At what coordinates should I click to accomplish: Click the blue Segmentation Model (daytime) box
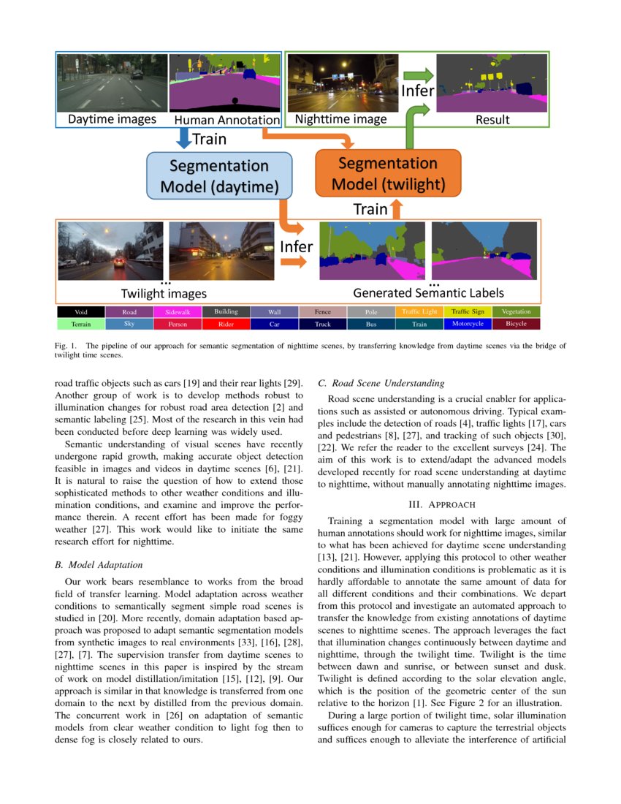[219, 176]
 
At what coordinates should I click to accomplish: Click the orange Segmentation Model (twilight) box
[387, 172]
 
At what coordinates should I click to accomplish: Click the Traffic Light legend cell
[419, 312]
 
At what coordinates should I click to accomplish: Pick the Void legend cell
[81, 312]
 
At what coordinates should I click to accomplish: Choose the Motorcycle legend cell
[468, 323]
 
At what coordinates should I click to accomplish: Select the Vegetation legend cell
[516, 312]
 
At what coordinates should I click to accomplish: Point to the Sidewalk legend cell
[178, 312]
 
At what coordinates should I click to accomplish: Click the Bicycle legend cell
[516, 323]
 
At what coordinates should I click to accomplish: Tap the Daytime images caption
[112, 119]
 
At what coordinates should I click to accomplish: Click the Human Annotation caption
[226, 119]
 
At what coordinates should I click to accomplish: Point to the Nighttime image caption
[340, 119]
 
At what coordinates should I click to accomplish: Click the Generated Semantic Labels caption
[428, 293]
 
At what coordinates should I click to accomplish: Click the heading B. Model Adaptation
[99, 564]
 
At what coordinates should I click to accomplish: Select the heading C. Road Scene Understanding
[381, 382]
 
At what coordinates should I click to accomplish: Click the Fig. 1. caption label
[66, 344]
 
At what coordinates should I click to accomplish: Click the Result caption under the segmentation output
[492, 119]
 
